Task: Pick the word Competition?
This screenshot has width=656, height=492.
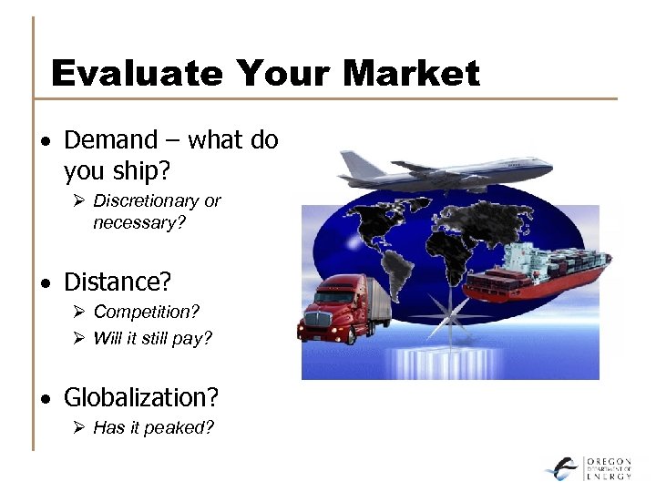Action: point(146,312)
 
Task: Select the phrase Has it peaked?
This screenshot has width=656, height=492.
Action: point(153,427)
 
